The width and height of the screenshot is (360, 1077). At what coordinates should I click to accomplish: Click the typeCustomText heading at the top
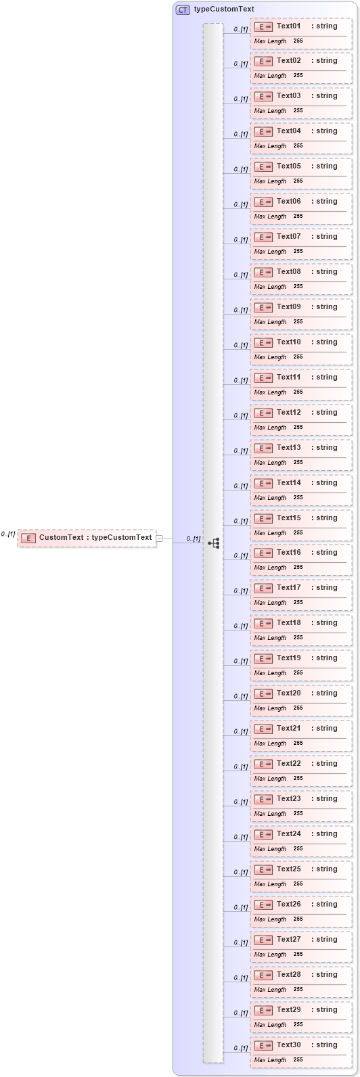(x=224, y=9)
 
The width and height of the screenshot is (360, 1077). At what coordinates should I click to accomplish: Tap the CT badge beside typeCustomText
(x=183, y=10)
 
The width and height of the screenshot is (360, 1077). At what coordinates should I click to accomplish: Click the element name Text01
(x=288, y=26)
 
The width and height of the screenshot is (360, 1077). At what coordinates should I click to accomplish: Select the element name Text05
(x=288, y=166)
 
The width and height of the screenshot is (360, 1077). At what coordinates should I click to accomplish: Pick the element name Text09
(x=288, y=307)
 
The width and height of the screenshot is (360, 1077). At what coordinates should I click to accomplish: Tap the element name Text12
(x=288, y=413)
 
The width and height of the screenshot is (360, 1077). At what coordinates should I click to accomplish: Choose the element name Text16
(x=288, y=553)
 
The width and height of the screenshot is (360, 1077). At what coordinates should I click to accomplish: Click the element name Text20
(x=288, y=693)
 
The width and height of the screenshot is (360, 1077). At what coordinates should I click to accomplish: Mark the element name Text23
(x=288, y=799)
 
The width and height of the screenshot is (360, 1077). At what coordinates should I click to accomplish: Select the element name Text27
(x=288, y=940)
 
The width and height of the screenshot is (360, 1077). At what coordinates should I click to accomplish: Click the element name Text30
(x=288, y=1045)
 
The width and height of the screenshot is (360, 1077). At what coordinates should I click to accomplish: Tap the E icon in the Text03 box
(x=263, y=96)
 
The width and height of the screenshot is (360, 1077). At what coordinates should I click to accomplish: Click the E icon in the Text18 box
(x=263, y=623)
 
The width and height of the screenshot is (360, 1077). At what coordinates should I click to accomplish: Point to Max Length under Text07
(x=270, y=252)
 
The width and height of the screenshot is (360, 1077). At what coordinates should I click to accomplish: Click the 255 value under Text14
(x=298, y=498)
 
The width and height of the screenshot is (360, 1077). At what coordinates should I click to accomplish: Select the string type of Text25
(x=325, y=869)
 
